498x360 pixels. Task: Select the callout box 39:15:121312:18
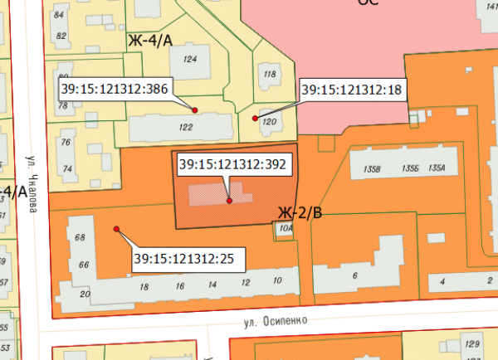pos(352,89)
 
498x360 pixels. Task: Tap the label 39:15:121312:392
pos(232,164)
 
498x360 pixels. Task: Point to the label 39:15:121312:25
pos(183,259)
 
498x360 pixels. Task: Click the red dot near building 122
pos(195,110)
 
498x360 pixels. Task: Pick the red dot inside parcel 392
pos(229,201)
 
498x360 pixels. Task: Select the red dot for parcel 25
pos(116,229)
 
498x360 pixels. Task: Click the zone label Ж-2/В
pos(299,213)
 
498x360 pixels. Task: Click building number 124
pos(190,59)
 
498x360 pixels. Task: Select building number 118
pos(269,74)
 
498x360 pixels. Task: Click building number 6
pos(354,275)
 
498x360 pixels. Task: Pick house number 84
pos(59,15)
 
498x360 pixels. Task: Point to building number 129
pos(472,343)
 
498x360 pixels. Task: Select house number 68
pos(81,238)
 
